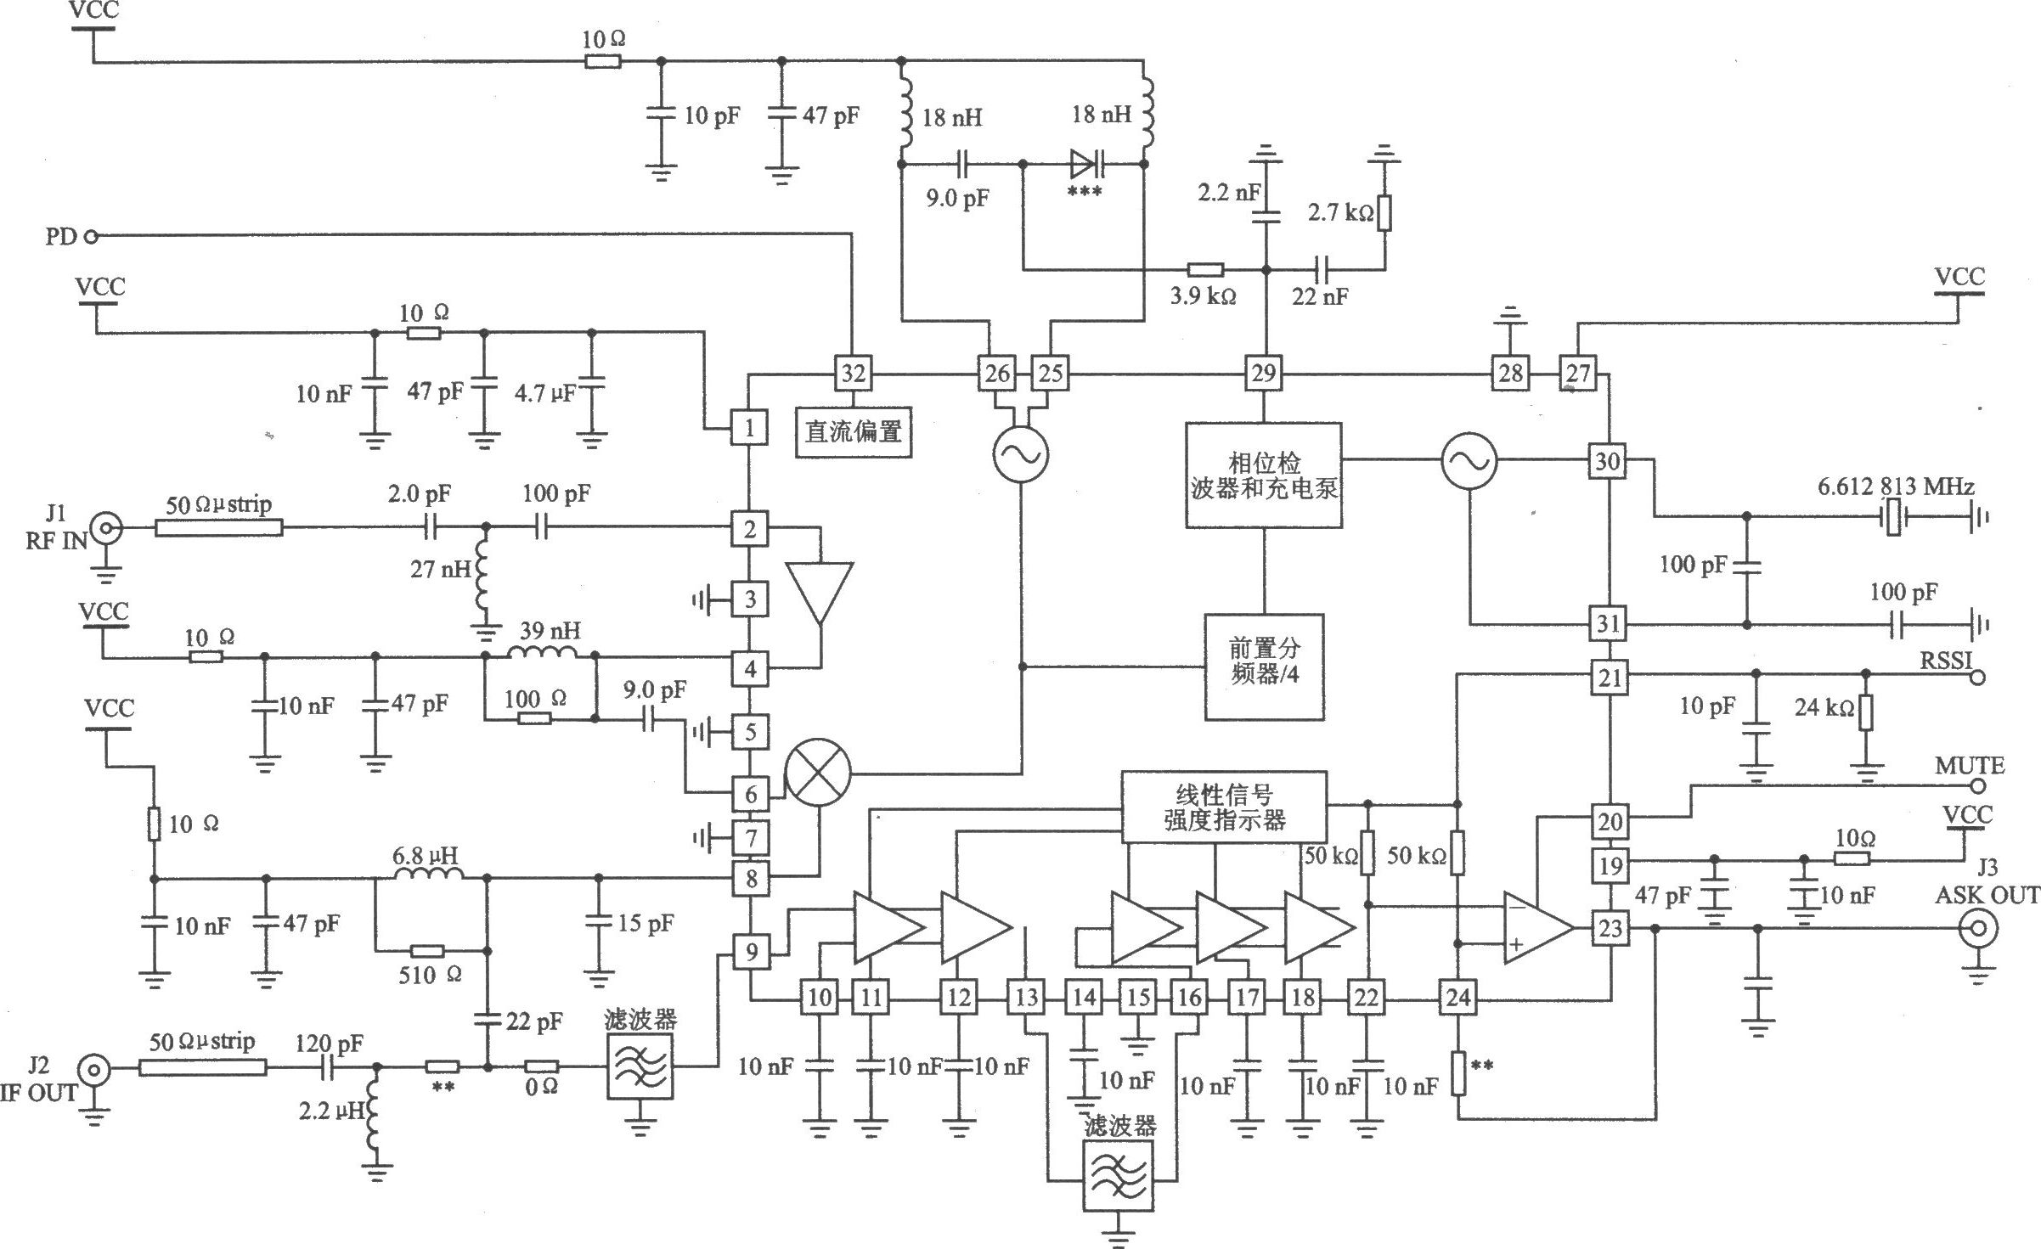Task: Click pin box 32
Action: coord(853,374)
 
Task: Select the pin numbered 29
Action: coord(1264,374)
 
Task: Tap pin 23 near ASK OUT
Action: coord(1610,928)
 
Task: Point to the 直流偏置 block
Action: coord(854,432)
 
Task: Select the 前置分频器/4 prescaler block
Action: coord(1265,667)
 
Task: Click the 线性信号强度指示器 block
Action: coord(1224,807)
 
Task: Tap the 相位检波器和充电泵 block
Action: coord(1264,475)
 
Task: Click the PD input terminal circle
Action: coord(92,236)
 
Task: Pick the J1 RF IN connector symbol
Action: coord(107,530)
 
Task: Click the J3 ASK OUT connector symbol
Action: coord(1977,929)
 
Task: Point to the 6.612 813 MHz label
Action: coord(1896,487)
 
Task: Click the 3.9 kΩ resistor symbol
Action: coord(1205,270)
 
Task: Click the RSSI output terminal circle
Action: coord(1977,677)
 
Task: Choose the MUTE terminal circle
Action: coord(1977,786)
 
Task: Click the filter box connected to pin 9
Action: coord(640,1066)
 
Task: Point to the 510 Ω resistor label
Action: coord(431,975)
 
